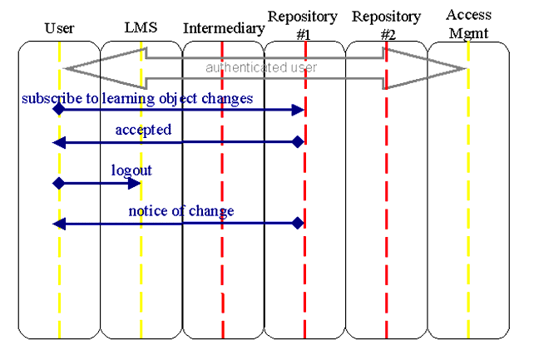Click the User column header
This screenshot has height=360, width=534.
59,29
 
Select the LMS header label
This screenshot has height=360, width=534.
140,29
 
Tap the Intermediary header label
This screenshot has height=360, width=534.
224,29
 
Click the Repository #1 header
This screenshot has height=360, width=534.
303,23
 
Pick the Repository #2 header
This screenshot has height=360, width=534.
386,23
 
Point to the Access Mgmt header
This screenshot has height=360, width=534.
468,22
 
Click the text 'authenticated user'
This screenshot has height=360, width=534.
262,67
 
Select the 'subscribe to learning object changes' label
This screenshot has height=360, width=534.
137,99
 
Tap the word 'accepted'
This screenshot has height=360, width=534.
143,130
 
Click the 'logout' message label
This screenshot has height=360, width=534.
131,170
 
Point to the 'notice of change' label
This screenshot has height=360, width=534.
180,211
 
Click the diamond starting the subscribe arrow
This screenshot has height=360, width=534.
58,109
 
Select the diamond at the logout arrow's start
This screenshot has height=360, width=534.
58,183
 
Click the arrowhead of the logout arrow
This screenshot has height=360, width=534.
135,183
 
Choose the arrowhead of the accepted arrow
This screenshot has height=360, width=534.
58,143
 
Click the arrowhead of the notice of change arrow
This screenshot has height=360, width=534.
58,223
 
